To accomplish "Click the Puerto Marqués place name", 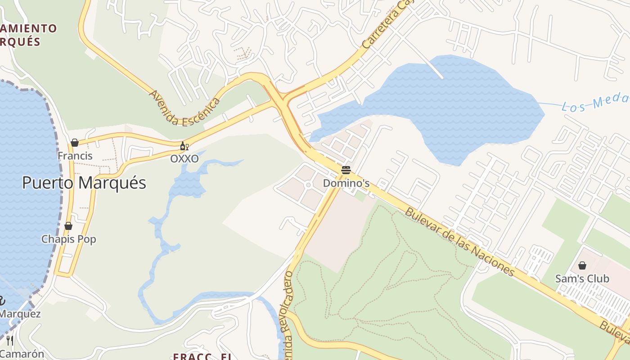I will point(84,183).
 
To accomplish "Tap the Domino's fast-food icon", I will point(346,170).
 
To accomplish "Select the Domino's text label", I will point(346,183).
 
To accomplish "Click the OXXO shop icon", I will point(184,146).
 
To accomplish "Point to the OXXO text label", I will point(184,159).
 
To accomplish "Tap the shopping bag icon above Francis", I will point(75,143).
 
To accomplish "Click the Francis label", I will point(75,156).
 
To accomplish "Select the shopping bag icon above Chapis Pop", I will point(68,225).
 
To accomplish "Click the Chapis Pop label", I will point(69,239).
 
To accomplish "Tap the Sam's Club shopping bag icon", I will point(582,265).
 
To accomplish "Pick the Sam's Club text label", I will point(582,279).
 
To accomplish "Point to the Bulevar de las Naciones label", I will point(459,242).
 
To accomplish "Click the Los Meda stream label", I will point(594,103).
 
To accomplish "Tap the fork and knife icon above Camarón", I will point(10,341).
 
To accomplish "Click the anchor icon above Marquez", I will point(2,300).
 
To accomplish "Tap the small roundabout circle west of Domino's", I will point(309,185).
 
